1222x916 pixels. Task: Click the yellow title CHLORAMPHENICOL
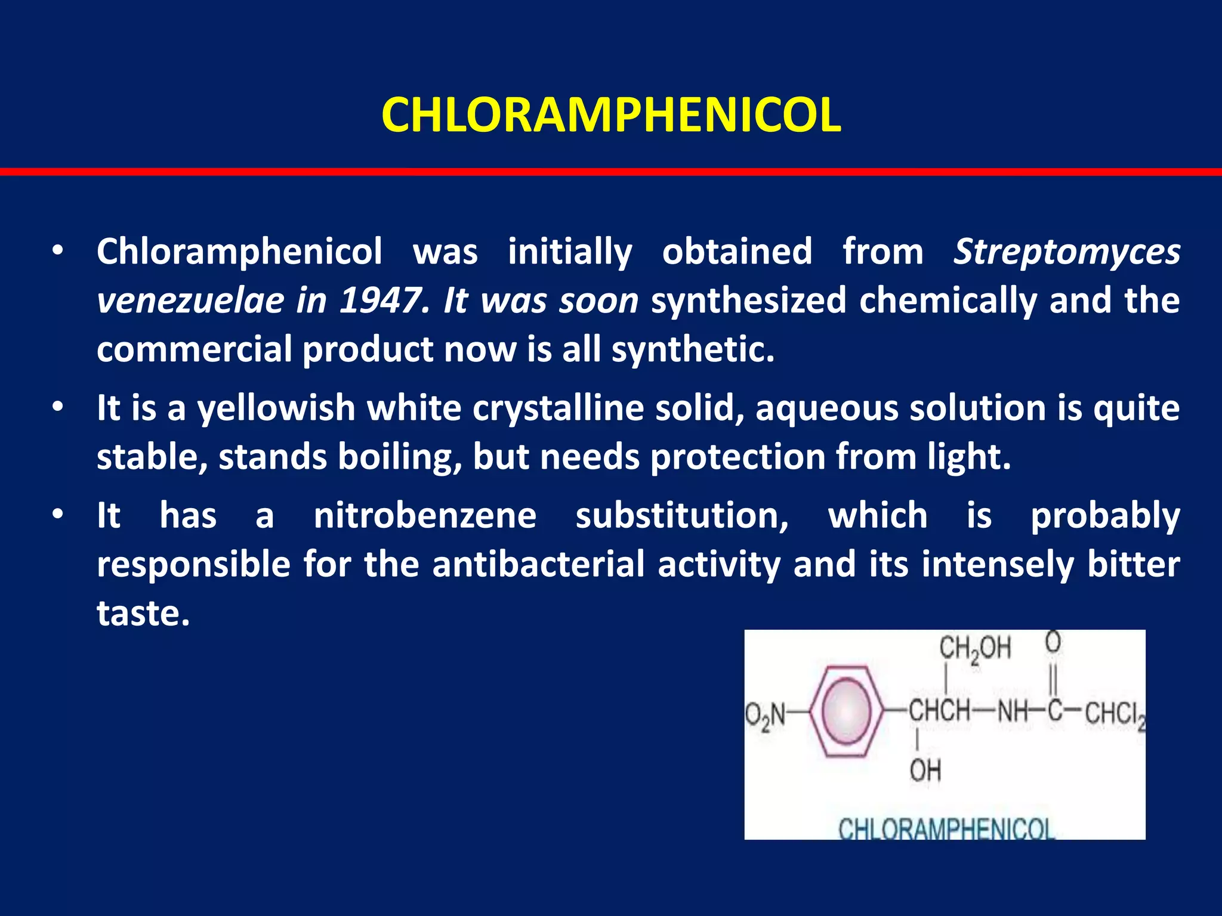[x=611, y=114]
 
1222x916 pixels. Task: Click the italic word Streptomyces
[x=1067, y=252]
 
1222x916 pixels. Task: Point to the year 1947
[x=380, y=300]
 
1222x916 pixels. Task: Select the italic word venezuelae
[x=190, y=300]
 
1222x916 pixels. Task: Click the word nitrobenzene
[x=425, y=516]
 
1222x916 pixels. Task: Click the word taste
[x=143, y=613]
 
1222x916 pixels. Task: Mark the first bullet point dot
[x=57, y=252]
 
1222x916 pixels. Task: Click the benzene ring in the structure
[x=846, y=711]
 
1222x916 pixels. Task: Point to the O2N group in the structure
[x=766, y=714]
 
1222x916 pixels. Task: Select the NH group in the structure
[x=1013, y=711]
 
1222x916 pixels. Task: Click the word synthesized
[x=748, y=300]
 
